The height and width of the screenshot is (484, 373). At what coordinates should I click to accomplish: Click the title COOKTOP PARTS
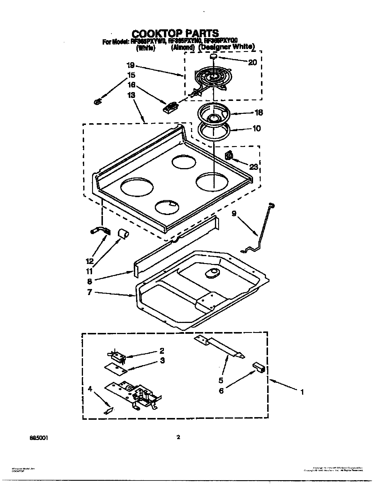point(175,33)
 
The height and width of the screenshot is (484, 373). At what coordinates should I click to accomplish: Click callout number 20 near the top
point(252,62)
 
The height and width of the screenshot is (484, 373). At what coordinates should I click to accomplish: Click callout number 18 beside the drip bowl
point(259,112)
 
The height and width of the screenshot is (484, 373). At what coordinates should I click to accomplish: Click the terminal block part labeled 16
point(170,107)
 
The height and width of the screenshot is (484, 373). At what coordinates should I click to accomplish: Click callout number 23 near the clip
point(254,167)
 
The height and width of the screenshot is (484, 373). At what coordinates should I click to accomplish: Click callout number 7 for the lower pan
point(90,292)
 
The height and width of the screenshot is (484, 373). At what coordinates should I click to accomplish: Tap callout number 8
point(90,281)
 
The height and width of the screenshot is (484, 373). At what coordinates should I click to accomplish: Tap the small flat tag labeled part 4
point(108,411)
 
